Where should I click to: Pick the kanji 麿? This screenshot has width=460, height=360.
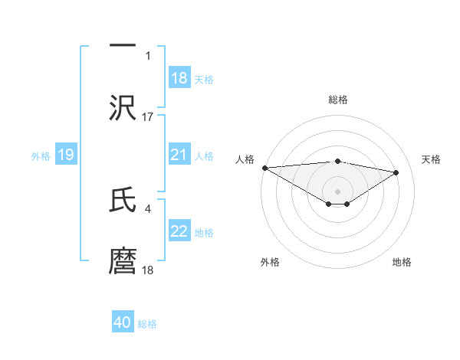coord(123,260)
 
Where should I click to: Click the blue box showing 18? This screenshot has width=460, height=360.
coord(179,78)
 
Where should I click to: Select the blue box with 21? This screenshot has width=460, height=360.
coord(179,155)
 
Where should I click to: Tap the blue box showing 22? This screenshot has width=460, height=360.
coord(179,231)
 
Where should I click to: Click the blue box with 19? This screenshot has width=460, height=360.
coord(65,155)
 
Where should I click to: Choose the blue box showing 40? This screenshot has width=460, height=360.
coord(123,322)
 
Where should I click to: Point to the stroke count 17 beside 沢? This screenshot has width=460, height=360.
coord(148,116)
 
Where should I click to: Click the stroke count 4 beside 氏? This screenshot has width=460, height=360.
coord(147,207)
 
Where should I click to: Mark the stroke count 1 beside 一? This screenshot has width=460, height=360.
coord(148,55)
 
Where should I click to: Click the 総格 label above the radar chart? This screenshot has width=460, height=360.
coord(338,100)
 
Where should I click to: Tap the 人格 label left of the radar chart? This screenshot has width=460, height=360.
coord(245,159)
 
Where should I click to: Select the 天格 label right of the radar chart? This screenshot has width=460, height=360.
coord(432,159)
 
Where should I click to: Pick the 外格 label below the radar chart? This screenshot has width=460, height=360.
coord(270,262)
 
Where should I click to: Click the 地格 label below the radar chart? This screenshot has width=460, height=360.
coord(402,262)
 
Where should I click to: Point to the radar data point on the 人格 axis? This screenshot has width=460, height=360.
coord(264,168)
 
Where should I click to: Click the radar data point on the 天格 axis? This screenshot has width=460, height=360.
coord(396,172)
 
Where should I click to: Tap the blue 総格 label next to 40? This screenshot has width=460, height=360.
coord(147,324)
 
